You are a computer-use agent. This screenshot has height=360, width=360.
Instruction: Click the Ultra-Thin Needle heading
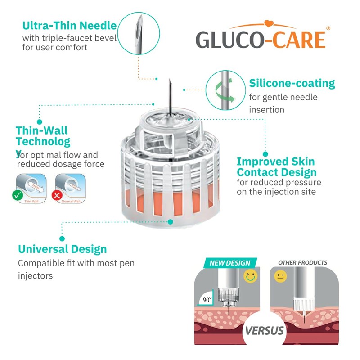[69, 25]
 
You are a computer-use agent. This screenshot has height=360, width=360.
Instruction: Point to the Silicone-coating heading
[292, 83]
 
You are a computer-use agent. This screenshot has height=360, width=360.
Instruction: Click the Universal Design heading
[62, 249]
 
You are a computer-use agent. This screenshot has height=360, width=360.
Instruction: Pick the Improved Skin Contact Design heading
[276, 167]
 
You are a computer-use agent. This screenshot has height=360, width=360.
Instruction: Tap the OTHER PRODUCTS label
[302, 262]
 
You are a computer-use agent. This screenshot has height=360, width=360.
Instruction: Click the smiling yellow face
[251, 275]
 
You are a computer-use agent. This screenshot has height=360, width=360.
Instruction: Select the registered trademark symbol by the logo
[328, 28]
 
